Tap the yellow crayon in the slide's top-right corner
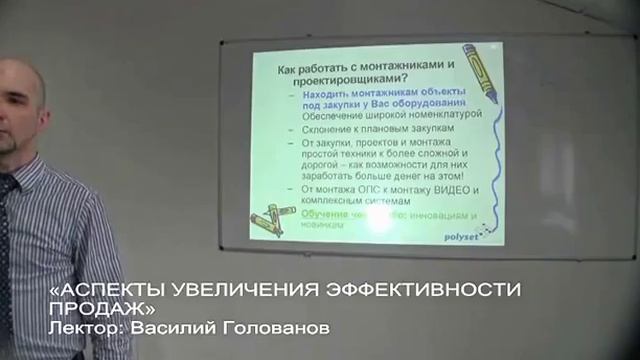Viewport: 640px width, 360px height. coord(476,71)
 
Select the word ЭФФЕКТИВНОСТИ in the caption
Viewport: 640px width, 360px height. coord(425,291)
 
